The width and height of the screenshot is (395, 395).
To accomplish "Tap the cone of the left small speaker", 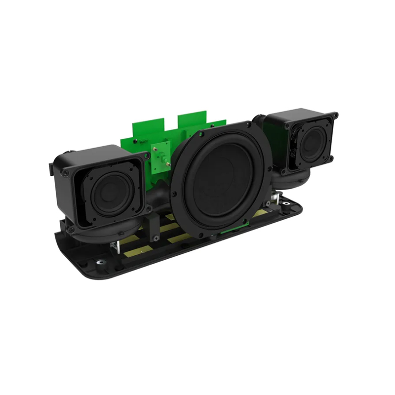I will [x=109, y=194].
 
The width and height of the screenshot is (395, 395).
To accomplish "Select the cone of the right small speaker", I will [x=312, y=144].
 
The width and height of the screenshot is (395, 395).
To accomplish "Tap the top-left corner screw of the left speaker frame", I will [x=66, y=173].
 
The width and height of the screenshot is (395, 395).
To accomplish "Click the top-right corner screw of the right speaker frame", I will [x=335, y=115].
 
